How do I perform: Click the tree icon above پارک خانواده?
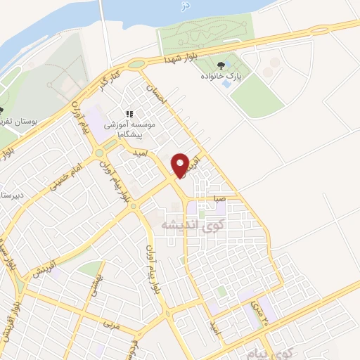[227, 63]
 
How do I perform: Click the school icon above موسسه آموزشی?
[129, 113]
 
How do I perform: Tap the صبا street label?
[220, 199]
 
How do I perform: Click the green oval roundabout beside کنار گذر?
[136, 64]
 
